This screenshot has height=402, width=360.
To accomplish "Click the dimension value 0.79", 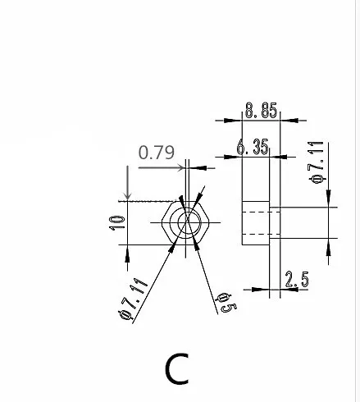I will coord(156,153).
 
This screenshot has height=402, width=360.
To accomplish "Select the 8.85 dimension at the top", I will coord(260,109).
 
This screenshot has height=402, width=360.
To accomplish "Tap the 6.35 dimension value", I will coord(252,147).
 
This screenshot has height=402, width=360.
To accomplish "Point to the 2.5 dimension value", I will coord(296,279).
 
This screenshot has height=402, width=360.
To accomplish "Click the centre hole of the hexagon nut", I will coord(188,221).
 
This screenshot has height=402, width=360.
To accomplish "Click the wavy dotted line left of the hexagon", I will coord(148,199).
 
